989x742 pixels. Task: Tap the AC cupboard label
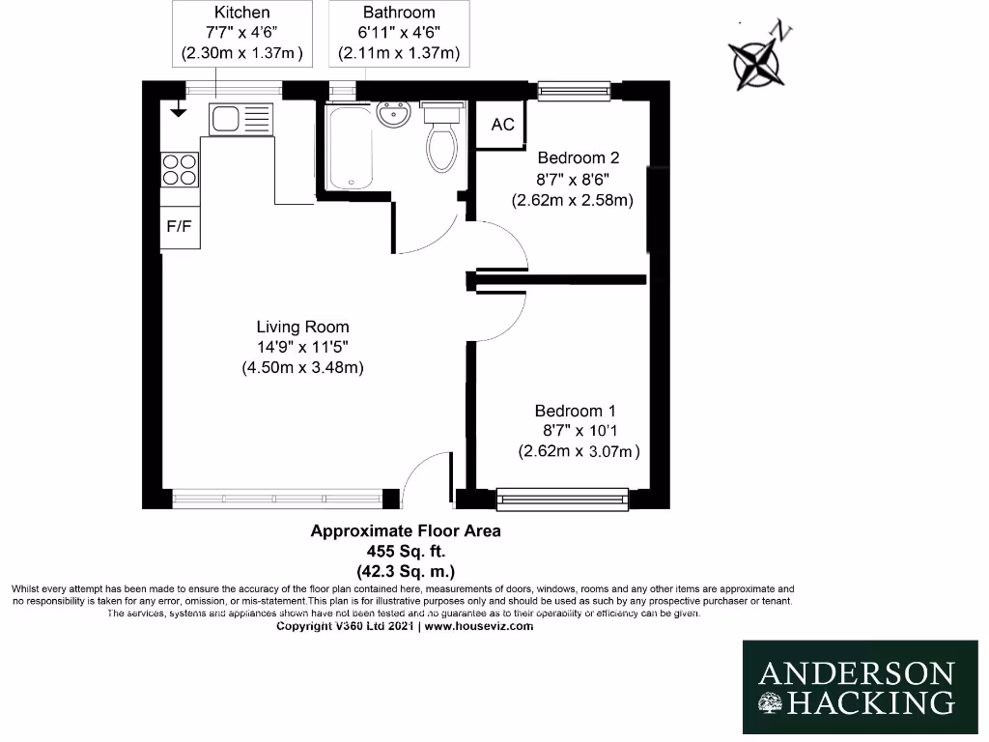503,125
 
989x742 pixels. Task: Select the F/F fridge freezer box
180,228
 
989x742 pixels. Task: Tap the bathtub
348,146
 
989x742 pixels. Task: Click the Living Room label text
302,327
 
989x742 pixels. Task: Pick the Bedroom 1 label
576,411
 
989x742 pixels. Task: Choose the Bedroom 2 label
578,158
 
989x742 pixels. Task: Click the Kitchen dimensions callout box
241,34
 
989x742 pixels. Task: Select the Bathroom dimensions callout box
399,34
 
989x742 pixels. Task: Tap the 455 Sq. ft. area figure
405,551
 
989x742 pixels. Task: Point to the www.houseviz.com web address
478,626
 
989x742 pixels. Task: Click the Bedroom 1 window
562,499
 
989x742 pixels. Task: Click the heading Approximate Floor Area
405,530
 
